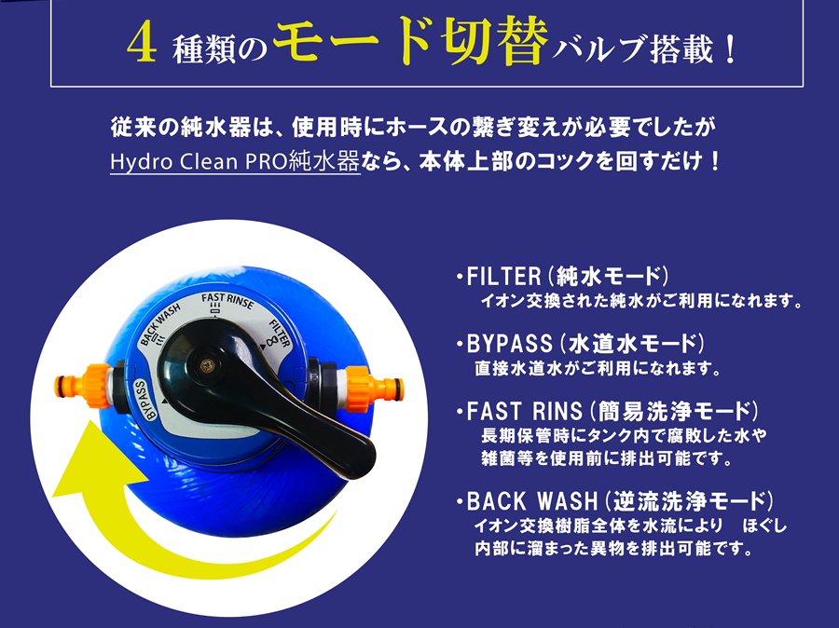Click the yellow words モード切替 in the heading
(411, 41)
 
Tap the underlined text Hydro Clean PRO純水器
(235, 161)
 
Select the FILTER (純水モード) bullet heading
(562, 277)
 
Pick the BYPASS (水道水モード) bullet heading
(580, 344)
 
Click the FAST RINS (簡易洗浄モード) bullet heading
(607, 411)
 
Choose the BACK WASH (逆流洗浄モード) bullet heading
(615, 501)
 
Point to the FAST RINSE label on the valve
(227, 301)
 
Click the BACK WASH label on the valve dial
(159, 324)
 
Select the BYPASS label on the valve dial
(144, 399)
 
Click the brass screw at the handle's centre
(207, 366)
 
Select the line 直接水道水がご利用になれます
(598, 368)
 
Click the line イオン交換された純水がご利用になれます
(642, 301)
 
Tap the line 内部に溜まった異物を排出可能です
(613, 548)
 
